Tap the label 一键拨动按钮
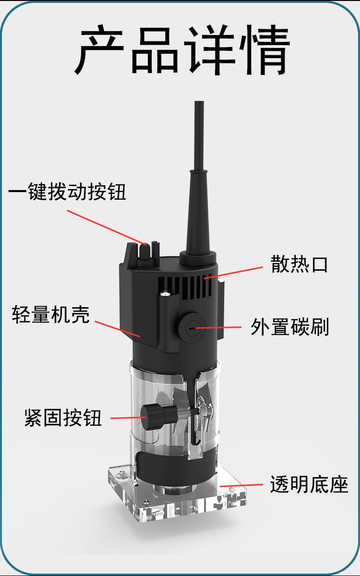click(67, 192)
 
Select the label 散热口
click(299, 264)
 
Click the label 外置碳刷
click(290, 327)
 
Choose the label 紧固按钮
click(63, 418)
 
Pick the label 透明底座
click(309, 484)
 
